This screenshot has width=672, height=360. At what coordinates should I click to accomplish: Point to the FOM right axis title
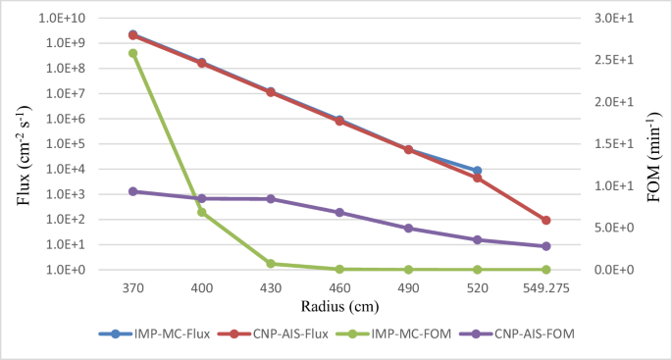tap(652, 144)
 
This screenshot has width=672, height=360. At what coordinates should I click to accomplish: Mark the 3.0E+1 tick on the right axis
tap(614, 19)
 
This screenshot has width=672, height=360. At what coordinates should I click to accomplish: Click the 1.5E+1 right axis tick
tap(614, 144)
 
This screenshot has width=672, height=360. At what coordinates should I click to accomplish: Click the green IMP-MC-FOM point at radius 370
tap(132, 53)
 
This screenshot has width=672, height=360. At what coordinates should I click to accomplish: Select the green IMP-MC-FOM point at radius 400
tap(201, 212)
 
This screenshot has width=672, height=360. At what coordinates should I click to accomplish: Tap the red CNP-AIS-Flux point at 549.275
tap(545, 221)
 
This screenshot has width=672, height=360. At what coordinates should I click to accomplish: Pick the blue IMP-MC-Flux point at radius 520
tap(477, 171)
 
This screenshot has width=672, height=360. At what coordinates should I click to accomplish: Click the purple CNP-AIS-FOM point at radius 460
tap(339, 212)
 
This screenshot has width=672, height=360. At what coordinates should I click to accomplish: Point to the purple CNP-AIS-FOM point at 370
tap(132, 191)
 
